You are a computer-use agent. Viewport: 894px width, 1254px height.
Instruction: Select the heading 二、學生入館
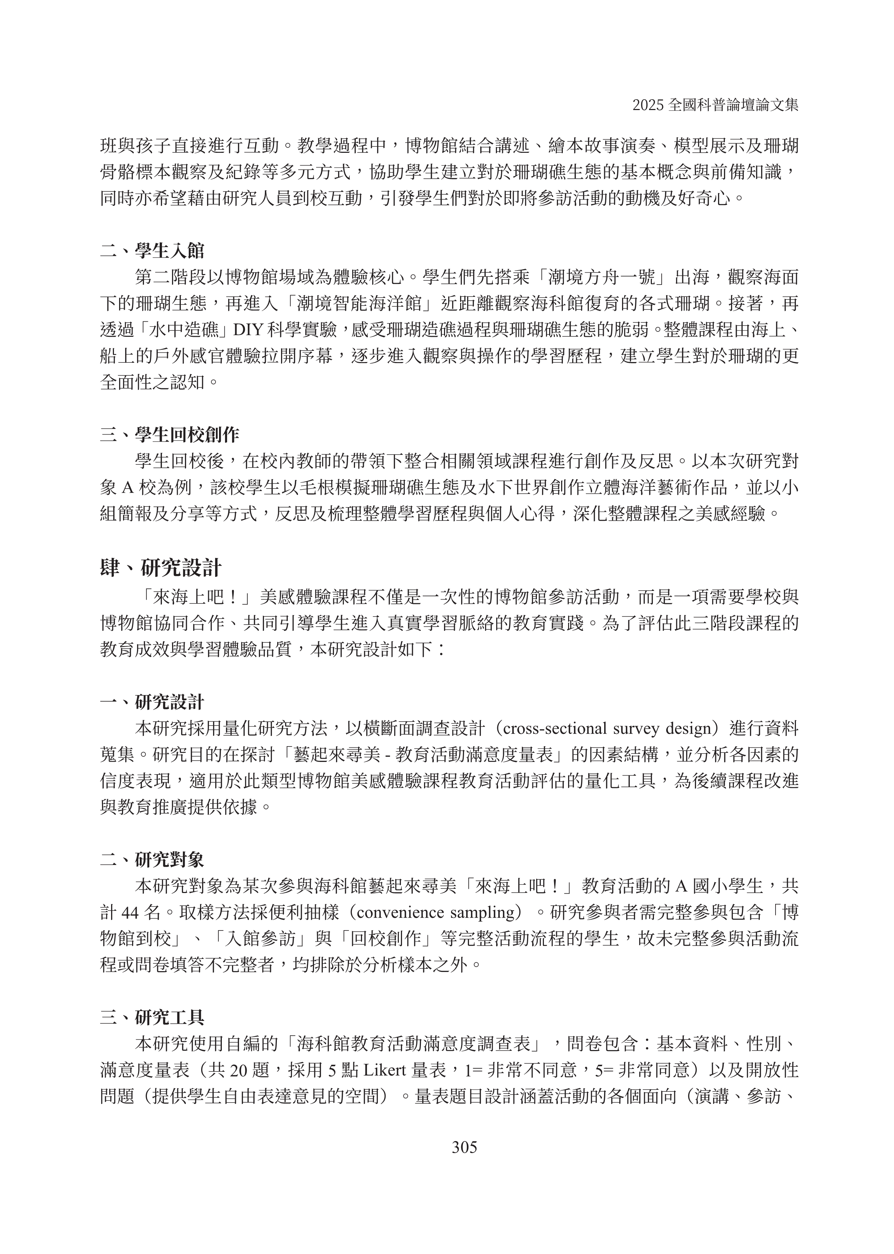[x=152, y=251]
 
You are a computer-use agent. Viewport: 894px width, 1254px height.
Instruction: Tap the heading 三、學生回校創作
[x=170, y=435]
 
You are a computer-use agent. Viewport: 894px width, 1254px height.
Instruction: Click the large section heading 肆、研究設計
[x=161, y=567]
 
